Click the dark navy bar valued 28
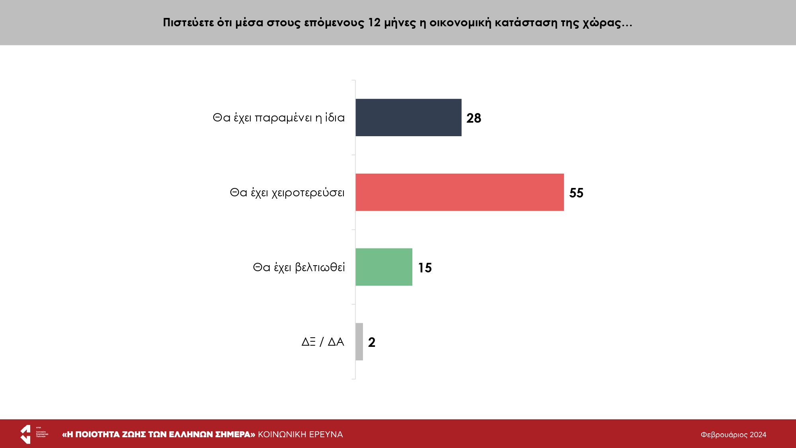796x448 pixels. point(408,117)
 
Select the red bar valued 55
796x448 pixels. point(459,192)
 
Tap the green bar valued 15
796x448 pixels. point(384,267)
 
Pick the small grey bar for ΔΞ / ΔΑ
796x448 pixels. point(359,342)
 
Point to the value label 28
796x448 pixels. point(474,118)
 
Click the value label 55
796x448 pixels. point(576,193)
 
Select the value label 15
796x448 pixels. point(425,268)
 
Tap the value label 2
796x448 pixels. point(372,342)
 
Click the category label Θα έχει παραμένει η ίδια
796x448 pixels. point(279,118)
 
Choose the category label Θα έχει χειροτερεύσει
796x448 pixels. point(287,193)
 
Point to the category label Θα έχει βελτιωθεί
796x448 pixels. point(298,267)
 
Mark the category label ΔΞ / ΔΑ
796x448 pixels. point(323,342)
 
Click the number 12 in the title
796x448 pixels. point(374,23)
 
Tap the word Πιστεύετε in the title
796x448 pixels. point(188,23)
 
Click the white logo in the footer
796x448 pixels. point(26,434)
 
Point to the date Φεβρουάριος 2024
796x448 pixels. point(733,435)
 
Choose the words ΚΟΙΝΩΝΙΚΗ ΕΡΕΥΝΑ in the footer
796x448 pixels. point(300,434)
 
